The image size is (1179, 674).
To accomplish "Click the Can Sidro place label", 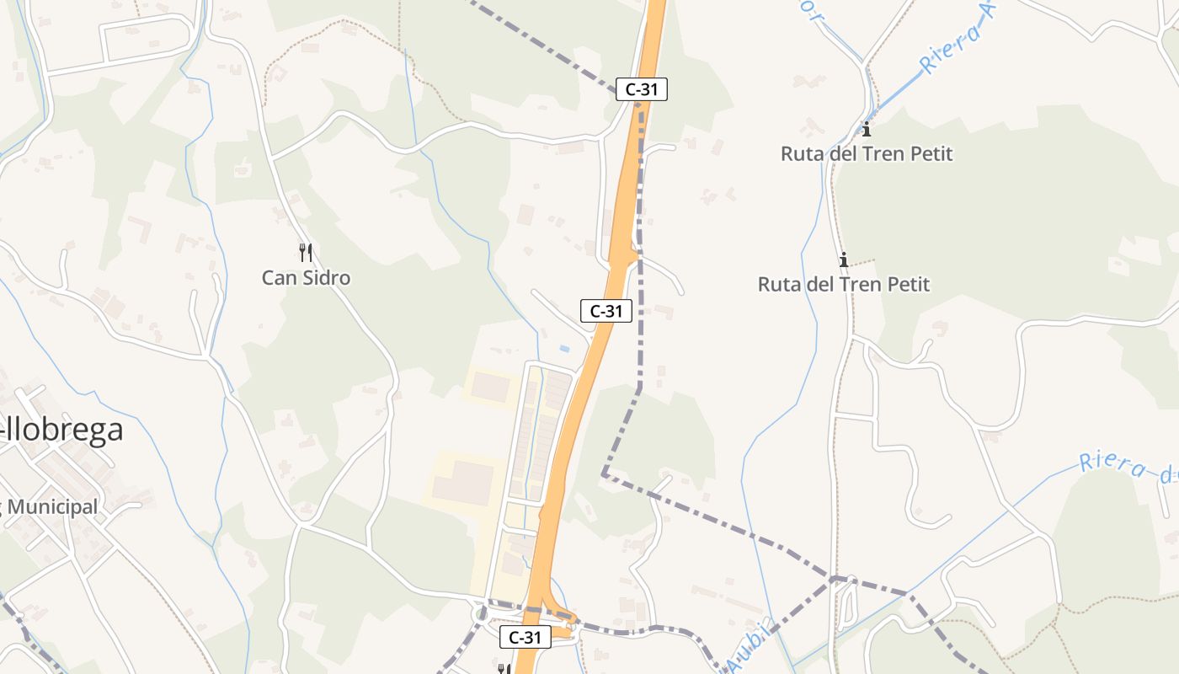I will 306,278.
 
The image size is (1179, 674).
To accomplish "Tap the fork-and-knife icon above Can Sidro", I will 306,252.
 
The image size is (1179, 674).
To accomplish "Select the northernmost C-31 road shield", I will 641,89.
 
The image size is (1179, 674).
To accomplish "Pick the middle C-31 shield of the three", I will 606,311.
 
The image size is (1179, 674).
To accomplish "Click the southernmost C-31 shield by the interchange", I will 525,638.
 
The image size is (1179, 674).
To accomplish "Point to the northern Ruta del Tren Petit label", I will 867,154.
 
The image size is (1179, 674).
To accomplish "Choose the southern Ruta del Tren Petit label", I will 844,284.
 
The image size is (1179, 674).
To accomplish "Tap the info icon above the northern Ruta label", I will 866,130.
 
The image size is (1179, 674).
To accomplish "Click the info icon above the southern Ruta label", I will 843,259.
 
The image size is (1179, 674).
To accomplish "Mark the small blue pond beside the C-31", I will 564,348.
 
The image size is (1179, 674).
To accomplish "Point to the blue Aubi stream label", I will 748,647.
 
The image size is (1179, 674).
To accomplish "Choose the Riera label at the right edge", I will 1128,468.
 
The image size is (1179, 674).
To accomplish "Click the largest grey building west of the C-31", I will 462,483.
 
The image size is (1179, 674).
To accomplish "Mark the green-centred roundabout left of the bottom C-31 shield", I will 482,613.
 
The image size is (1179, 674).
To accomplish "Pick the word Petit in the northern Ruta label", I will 927,154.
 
